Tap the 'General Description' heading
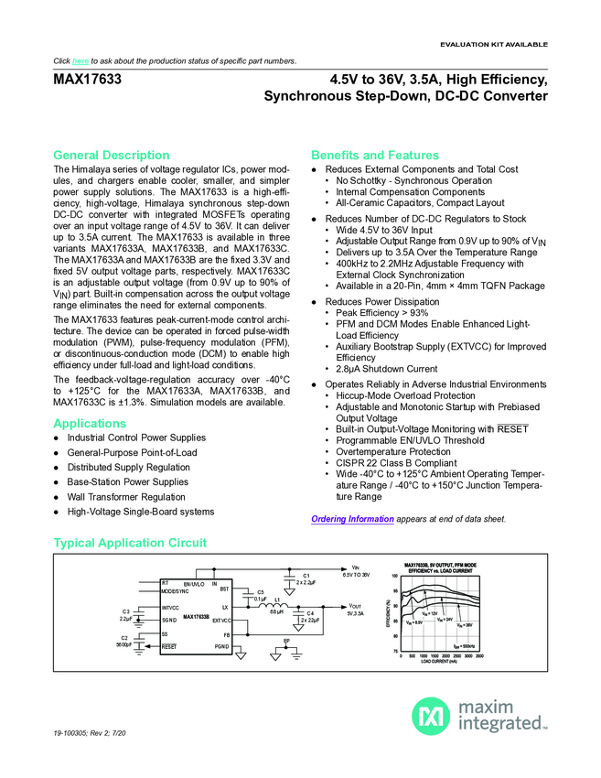pyautogui.click(x=112, y=155)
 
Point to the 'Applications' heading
pyautogui.click(x=90, y=424)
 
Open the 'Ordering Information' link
pyautogui.click(x=352, y=519)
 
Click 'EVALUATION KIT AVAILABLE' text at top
pyautogui.click(x=494, y=44)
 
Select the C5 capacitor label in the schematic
pyautogui.click(x=260, y=592)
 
